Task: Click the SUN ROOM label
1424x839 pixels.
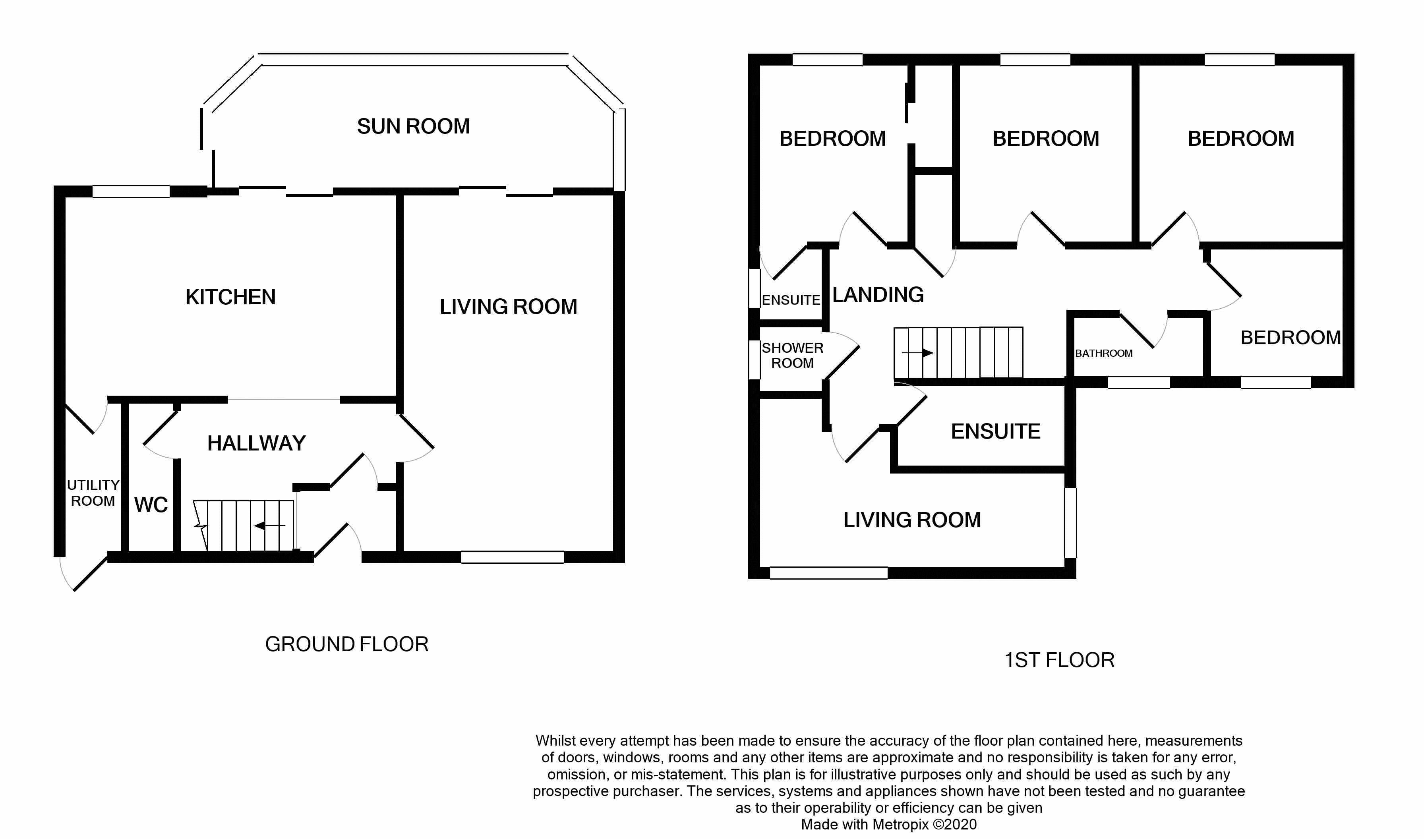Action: [413, 126]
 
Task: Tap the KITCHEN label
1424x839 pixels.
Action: [230, 297]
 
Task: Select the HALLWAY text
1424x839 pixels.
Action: [257, 443]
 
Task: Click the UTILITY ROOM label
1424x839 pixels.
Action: [93, 493]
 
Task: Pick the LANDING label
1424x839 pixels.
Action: [878, 294]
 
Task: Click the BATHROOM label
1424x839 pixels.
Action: [1103, 353]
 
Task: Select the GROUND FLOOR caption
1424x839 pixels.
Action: [346, 644]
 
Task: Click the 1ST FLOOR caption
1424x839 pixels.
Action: [1059, 660]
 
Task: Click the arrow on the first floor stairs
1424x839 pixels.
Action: [918, 353]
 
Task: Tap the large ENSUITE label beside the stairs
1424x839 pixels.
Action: [996, 431]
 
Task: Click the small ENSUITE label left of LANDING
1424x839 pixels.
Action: [791, 300]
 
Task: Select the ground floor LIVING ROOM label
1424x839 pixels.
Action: [508, 306]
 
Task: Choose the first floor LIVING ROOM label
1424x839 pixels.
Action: [912, 520]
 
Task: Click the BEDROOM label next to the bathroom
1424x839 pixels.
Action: [1290, 338]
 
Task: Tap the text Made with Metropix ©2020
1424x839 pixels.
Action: [889, 824]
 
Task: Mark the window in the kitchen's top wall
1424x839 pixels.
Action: [131, 191]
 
